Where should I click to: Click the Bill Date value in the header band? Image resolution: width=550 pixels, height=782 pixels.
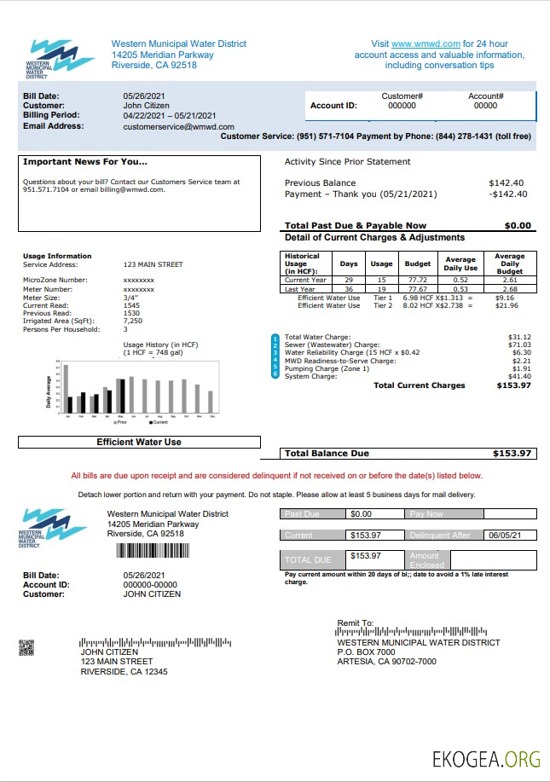(142, 96)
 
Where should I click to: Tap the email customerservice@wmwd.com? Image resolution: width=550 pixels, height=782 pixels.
(178, 126)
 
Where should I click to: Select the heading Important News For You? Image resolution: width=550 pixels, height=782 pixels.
(85, 162)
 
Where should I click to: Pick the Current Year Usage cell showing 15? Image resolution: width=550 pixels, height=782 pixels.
(381, 280)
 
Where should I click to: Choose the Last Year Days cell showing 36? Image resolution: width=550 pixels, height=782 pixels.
(349, 289)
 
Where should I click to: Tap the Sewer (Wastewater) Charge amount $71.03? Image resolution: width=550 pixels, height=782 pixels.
(519, 345)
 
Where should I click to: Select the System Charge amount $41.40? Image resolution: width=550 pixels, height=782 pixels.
(519, 376)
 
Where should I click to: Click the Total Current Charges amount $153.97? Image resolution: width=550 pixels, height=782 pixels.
(513, 385)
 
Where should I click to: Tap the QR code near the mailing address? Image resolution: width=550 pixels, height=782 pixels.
(26, 647)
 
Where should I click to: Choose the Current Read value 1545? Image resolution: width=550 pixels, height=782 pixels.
(131, 304)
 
